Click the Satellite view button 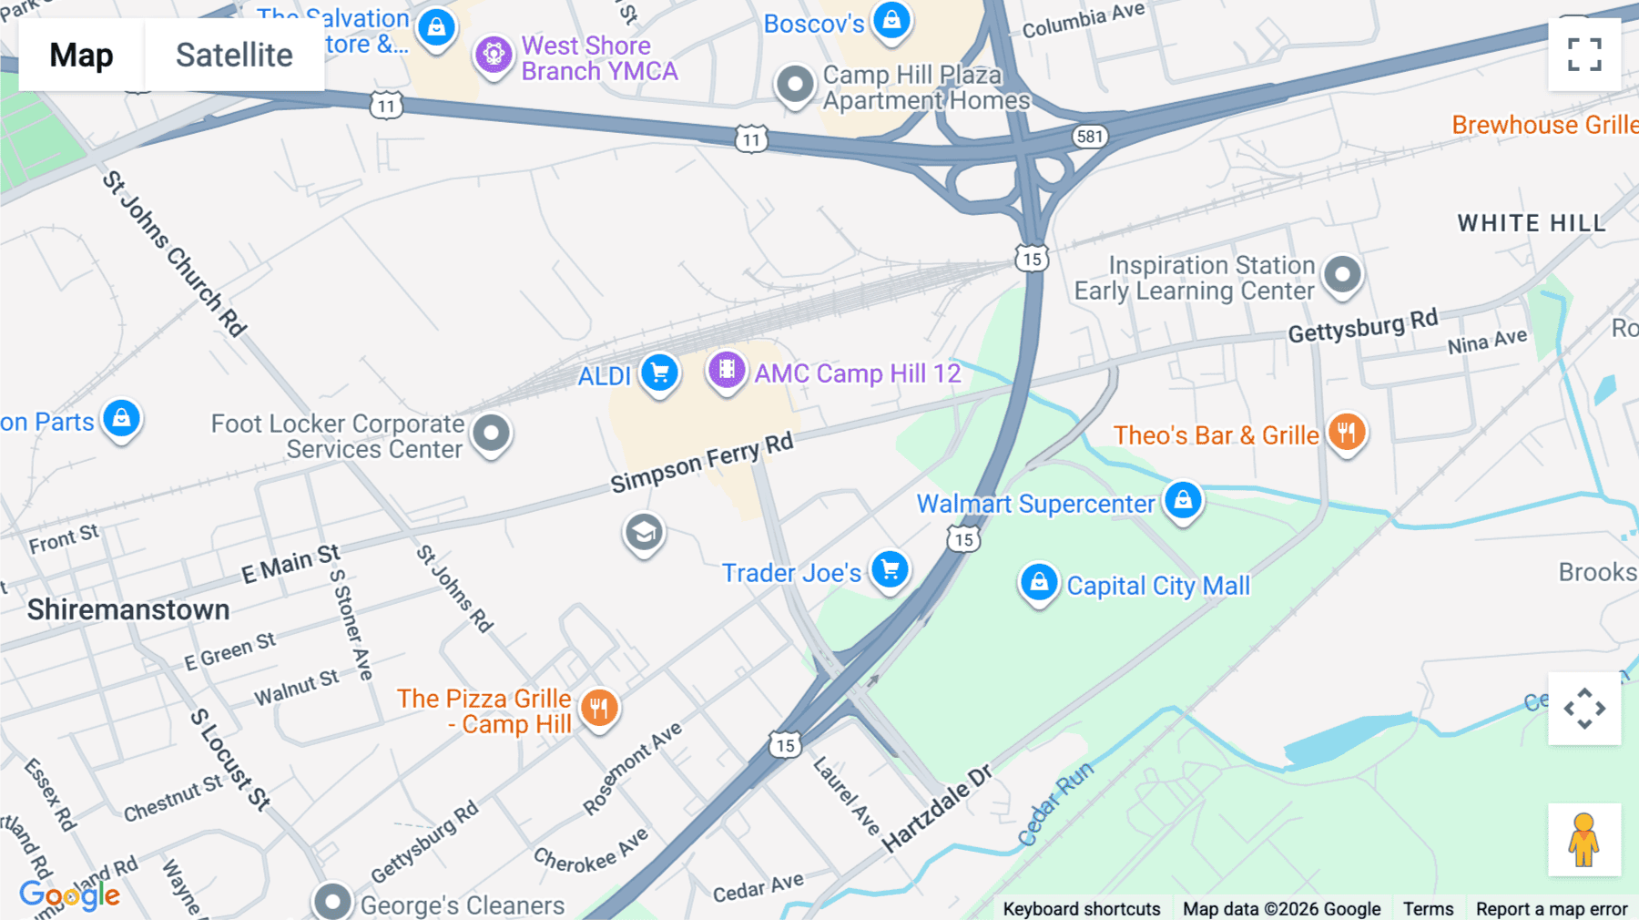[234, 55]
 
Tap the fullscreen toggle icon [1584, 55]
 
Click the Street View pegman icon [1584, 839]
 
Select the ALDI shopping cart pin [659, 373]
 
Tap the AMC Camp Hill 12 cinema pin [727, 370]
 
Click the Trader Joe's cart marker [890, 570]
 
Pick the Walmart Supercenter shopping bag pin [1183, 500]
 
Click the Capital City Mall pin [1039, 582]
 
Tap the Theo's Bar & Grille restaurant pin [1347, 432]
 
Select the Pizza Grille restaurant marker [598, 708]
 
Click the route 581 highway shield [1089, 137]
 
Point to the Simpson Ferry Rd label [701, 462]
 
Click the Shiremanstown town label [128, 609]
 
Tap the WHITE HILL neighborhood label [1532, 223]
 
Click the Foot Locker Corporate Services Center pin [492, 433]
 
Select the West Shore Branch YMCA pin [494, 55]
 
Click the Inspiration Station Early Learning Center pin [1342, 273]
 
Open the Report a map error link [1552, 909]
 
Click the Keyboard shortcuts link [1081, 909]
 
